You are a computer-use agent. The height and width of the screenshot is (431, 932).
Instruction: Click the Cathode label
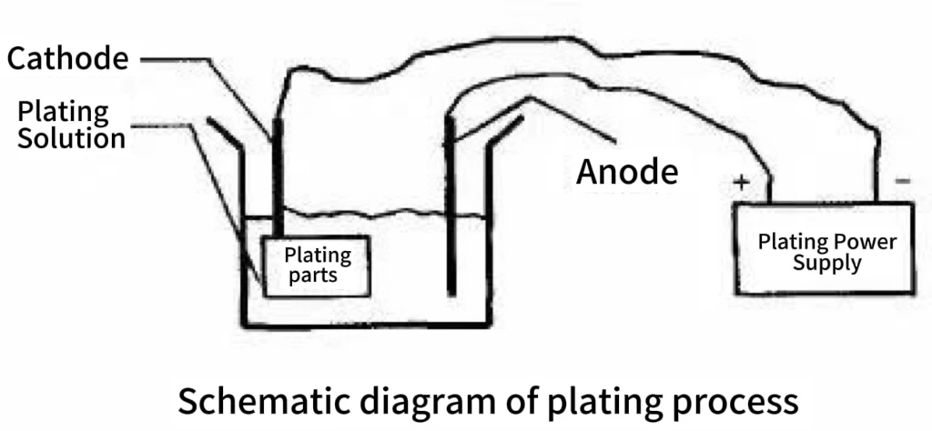(67, 59)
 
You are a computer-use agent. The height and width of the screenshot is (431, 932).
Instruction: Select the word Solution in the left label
(71, 138)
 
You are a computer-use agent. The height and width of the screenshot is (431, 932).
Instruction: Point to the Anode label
(627, 172)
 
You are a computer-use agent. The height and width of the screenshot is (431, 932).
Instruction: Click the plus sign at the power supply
(741, 182)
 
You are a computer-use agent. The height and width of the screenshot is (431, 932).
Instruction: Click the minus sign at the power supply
(902, 180)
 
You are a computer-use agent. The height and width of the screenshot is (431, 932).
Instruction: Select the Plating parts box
(317, 266)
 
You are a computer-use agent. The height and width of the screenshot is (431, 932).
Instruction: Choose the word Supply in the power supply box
(826, 263)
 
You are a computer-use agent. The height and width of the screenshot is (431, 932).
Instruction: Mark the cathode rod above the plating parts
(278, 177)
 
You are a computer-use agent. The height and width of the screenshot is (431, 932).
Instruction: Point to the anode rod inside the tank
(451, 205)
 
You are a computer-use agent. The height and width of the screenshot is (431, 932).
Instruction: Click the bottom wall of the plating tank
(366, 324)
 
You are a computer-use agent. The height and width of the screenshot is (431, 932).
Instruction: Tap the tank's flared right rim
(505, 131)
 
